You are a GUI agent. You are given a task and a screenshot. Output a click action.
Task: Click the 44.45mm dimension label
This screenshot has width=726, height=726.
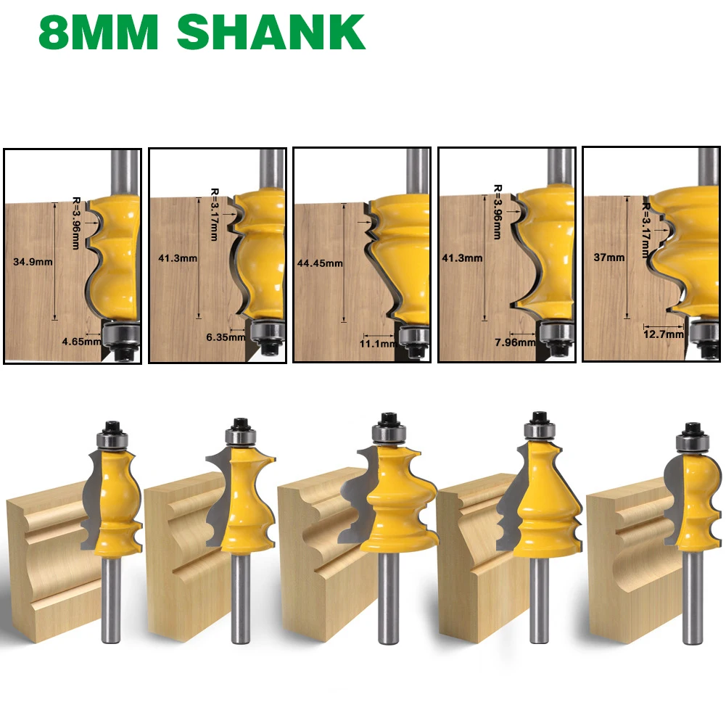point(320,263)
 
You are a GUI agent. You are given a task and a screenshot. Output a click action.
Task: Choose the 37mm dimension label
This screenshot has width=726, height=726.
point(608,257)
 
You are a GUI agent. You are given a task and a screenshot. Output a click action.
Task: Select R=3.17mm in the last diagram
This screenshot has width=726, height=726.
point(644,229)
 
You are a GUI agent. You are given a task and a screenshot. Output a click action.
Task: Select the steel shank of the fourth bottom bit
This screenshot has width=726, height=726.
point(538,598)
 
